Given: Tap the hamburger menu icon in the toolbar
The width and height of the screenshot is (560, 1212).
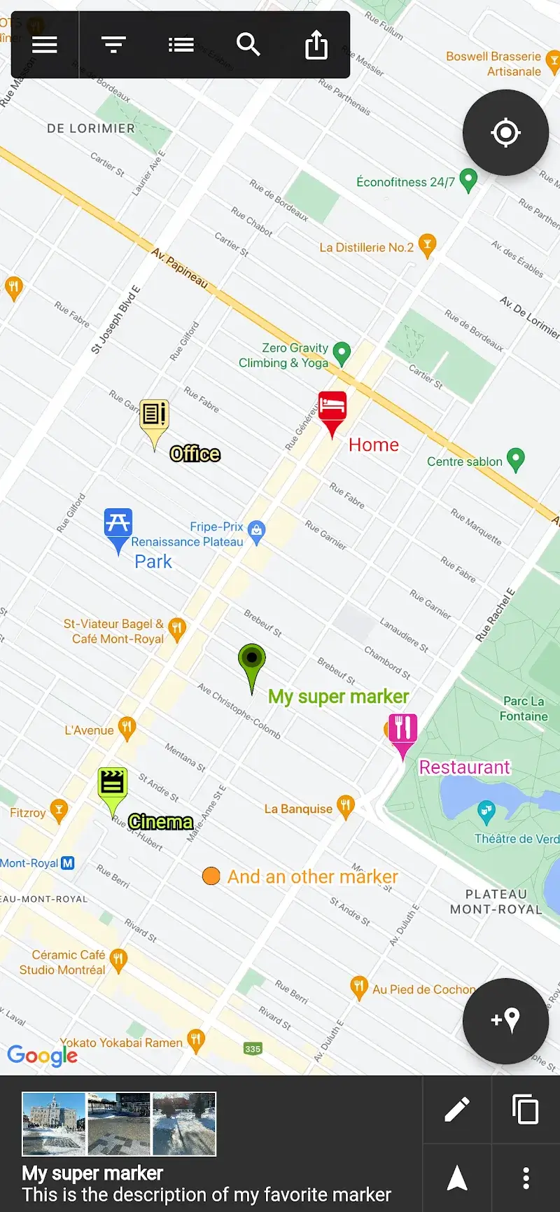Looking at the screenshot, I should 45,45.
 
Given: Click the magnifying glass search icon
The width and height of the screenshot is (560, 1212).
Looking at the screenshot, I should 248,45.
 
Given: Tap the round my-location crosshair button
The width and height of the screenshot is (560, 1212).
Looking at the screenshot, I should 505,132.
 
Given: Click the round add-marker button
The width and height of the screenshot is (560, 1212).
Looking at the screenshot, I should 505,1020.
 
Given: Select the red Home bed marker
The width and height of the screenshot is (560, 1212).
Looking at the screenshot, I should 332,407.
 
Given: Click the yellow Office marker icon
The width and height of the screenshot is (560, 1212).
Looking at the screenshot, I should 154,416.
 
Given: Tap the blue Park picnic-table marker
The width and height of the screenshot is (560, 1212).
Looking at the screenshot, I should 118,524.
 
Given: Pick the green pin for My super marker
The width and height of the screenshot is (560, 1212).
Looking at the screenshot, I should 252,660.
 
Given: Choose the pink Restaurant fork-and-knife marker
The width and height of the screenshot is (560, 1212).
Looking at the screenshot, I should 402,730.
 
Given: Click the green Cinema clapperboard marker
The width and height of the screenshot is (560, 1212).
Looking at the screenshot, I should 112,783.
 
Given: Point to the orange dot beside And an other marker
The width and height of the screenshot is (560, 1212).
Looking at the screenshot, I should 211,876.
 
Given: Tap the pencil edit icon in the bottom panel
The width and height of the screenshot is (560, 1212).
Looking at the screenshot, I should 457,1109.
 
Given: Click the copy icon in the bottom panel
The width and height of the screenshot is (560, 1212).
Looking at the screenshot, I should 525,1109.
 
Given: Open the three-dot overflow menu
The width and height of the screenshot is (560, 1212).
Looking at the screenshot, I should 526,1178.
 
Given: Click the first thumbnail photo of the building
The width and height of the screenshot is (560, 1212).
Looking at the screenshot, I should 54,1124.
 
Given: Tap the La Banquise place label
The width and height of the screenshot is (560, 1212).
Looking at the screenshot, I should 298,809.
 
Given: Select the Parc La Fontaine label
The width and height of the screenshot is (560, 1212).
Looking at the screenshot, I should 524,709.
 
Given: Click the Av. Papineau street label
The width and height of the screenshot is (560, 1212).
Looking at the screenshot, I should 180,267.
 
